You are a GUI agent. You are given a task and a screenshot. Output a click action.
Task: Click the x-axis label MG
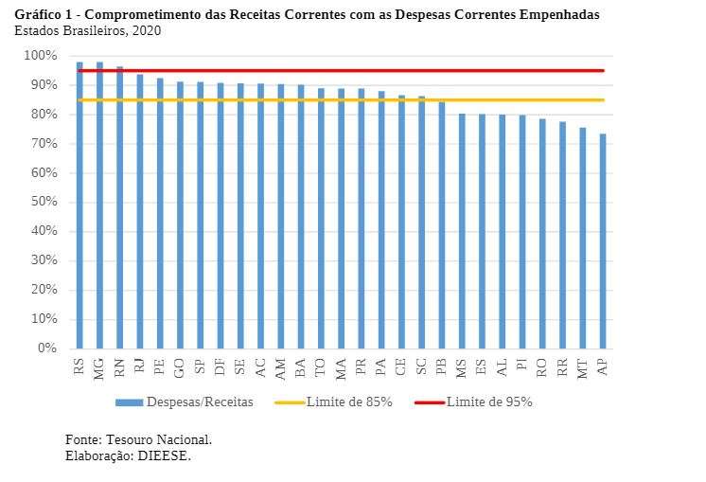99,367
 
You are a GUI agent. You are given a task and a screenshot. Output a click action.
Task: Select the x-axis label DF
221,367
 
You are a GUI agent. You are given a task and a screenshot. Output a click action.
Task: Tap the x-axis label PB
442,367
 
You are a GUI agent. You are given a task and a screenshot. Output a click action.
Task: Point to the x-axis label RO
542,367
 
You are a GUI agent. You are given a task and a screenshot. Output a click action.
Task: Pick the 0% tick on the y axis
48,348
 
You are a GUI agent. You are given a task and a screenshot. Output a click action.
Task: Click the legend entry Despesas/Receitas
200,402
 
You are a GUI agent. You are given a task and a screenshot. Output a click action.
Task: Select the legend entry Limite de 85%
349,402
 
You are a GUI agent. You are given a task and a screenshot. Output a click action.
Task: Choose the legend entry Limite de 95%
489,402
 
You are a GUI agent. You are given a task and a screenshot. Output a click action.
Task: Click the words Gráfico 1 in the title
46,15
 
